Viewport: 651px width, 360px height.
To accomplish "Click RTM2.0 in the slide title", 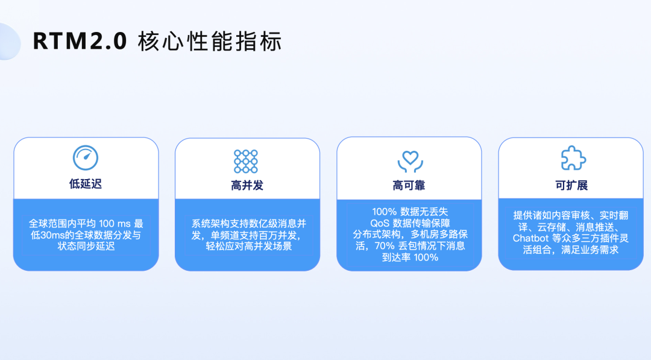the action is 80,42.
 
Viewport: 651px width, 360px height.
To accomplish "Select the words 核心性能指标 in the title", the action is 210,42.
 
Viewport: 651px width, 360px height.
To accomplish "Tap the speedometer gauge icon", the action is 86,158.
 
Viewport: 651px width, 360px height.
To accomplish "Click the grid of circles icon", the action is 246,161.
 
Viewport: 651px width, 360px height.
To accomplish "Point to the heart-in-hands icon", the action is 410,162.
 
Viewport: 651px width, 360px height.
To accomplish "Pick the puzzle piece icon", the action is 573,158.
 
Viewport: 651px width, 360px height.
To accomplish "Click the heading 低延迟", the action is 86,184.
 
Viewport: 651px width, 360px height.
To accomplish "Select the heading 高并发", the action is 247,186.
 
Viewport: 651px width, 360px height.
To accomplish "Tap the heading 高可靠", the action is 409,186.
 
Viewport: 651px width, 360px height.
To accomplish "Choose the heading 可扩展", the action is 571,186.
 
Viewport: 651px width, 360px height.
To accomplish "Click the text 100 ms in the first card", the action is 115,224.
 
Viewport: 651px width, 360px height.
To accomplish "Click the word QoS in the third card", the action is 380,223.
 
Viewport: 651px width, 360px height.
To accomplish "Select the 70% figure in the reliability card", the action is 385,246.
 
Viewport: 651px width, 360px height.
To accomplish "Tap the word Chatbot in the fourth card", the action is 530,238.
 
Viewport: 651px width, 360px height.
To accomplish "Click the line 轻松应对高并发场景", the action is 249,246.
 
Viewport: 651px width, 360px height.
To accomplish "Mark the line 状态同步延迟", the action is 86,246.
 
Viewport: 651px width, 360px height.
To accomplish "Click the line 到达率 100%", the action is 410,257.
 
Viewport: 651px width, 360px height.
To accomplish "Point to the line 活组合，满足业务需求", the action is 571,250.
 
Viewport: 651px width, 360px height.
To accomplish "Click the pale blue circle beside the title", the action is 9,42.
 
